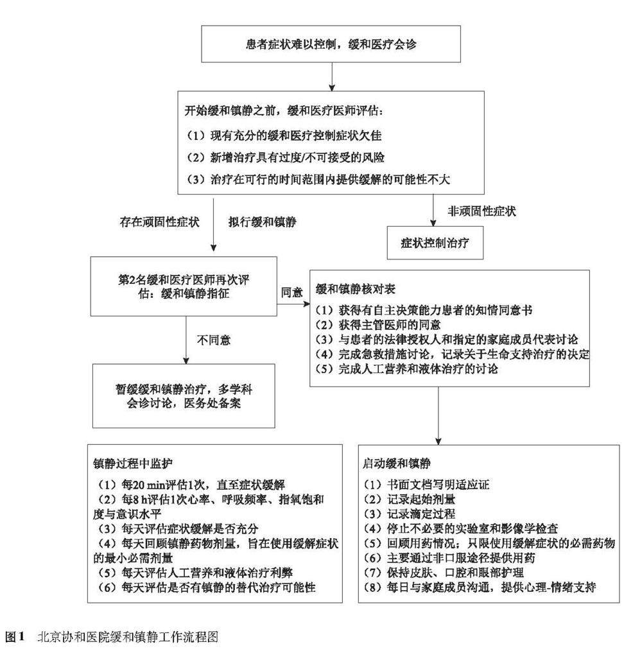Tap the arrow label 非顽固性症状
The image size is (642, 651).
(x=480, y=211)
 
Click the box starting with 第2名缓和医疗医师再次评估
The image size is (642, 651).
(x=184, y=286)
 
